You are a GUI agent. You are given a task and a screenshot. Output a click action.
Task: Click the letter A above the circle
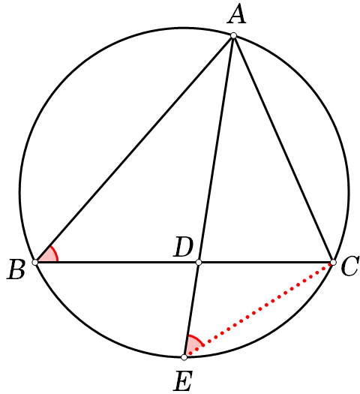tap(236, 14)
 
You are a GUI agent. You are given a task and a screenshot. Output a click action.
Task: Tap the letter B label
tap(16, 269)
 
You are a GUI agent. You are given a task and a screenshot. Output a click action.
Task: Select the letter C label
tap(349, 266)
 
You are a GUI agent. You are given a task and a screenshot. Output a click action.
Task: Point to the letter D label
tap(183, 247)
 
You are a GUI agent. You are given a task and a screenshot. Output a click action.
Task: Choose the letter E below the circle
tap(183, 381)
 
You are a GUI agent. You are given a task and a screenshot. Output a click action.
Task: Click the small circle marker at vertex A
tap(233, 35)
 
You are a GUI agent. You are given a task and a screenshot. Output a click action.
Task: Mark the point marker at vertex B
tap(35, 263)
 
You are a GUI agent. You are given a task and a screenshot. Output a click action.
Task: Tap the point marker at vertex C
tap(333, 263)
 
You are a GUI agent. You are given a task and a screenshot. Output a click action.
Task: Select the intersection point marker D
tap(199, 263)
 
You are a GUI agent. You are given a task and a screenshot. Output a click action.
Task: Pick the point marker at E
tap(184, 357)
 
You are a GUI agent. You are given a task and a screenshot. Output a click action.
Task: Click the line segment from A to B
tap(134, 149)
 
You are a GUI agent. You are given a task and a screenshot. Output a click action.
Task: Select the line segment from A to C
tap(283, 149)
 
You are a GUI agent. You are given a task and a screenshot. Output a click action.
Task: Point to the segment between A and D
tap(216, 149)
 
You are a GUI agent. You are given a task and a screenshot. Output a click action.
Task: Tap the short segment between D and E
tap(191, 310)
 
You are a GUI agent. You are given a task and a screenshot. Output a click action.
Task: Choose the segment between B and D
tap(117, 263)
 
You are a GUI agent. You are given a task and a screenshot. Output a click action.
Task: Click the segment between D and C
tap(265, 263)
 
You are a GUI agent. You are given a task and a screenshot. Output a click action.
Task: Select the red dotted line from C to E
tap(259, 310)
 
